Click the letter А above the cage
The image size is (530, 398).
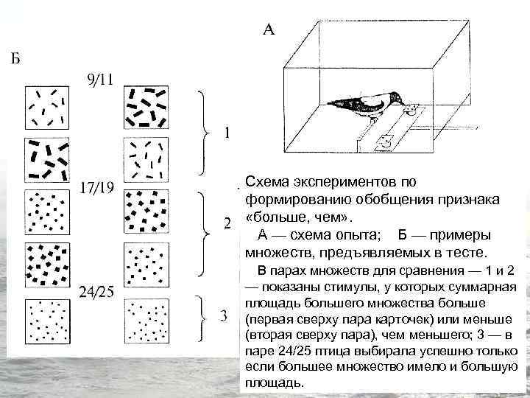pos(269,30)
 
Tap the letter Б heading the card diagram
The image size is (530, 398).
pos(15,59)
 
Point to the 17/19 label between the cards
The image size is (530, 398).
pos(96,187)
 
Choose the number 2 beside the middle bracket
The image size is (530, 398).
pos(227,223)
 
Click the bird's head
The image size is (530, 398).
pos(394,98)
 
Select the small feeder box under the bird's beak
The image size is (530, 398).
pos(411,110)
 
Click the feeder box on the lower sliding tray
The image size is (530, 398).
pos(385,140)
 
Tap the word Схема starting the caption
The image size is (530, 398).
pos(268,181)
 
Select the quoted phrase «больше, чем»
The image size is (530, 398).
pos(299,217)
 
